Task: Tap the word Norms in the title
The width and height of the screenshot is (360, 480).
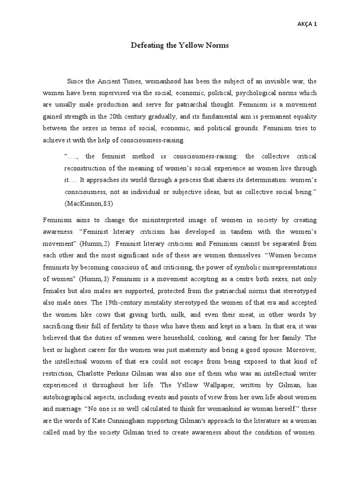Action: click(216, 45)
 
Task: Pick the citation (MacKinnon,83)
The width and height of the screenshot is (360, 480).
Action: click(87, 204)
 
